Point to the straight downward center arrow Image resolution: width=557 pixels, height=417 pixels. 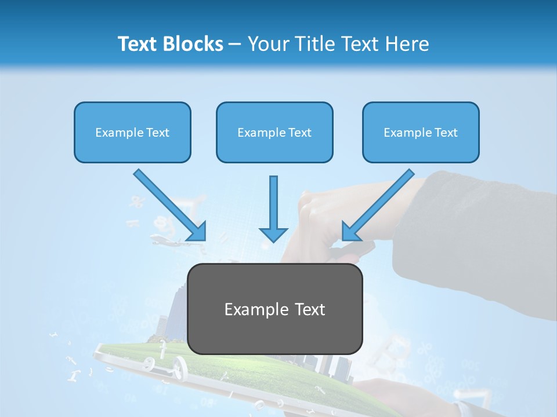[x=273, y=203]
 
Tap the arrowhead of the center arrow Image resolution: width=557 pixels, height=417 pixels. [x=273, y=234]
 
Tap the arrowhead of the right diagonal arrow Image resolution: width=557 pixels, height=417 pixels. [x=350, y=232]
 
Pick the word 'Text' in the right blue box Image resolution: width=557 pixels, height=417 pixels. [x=446, y=133]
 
